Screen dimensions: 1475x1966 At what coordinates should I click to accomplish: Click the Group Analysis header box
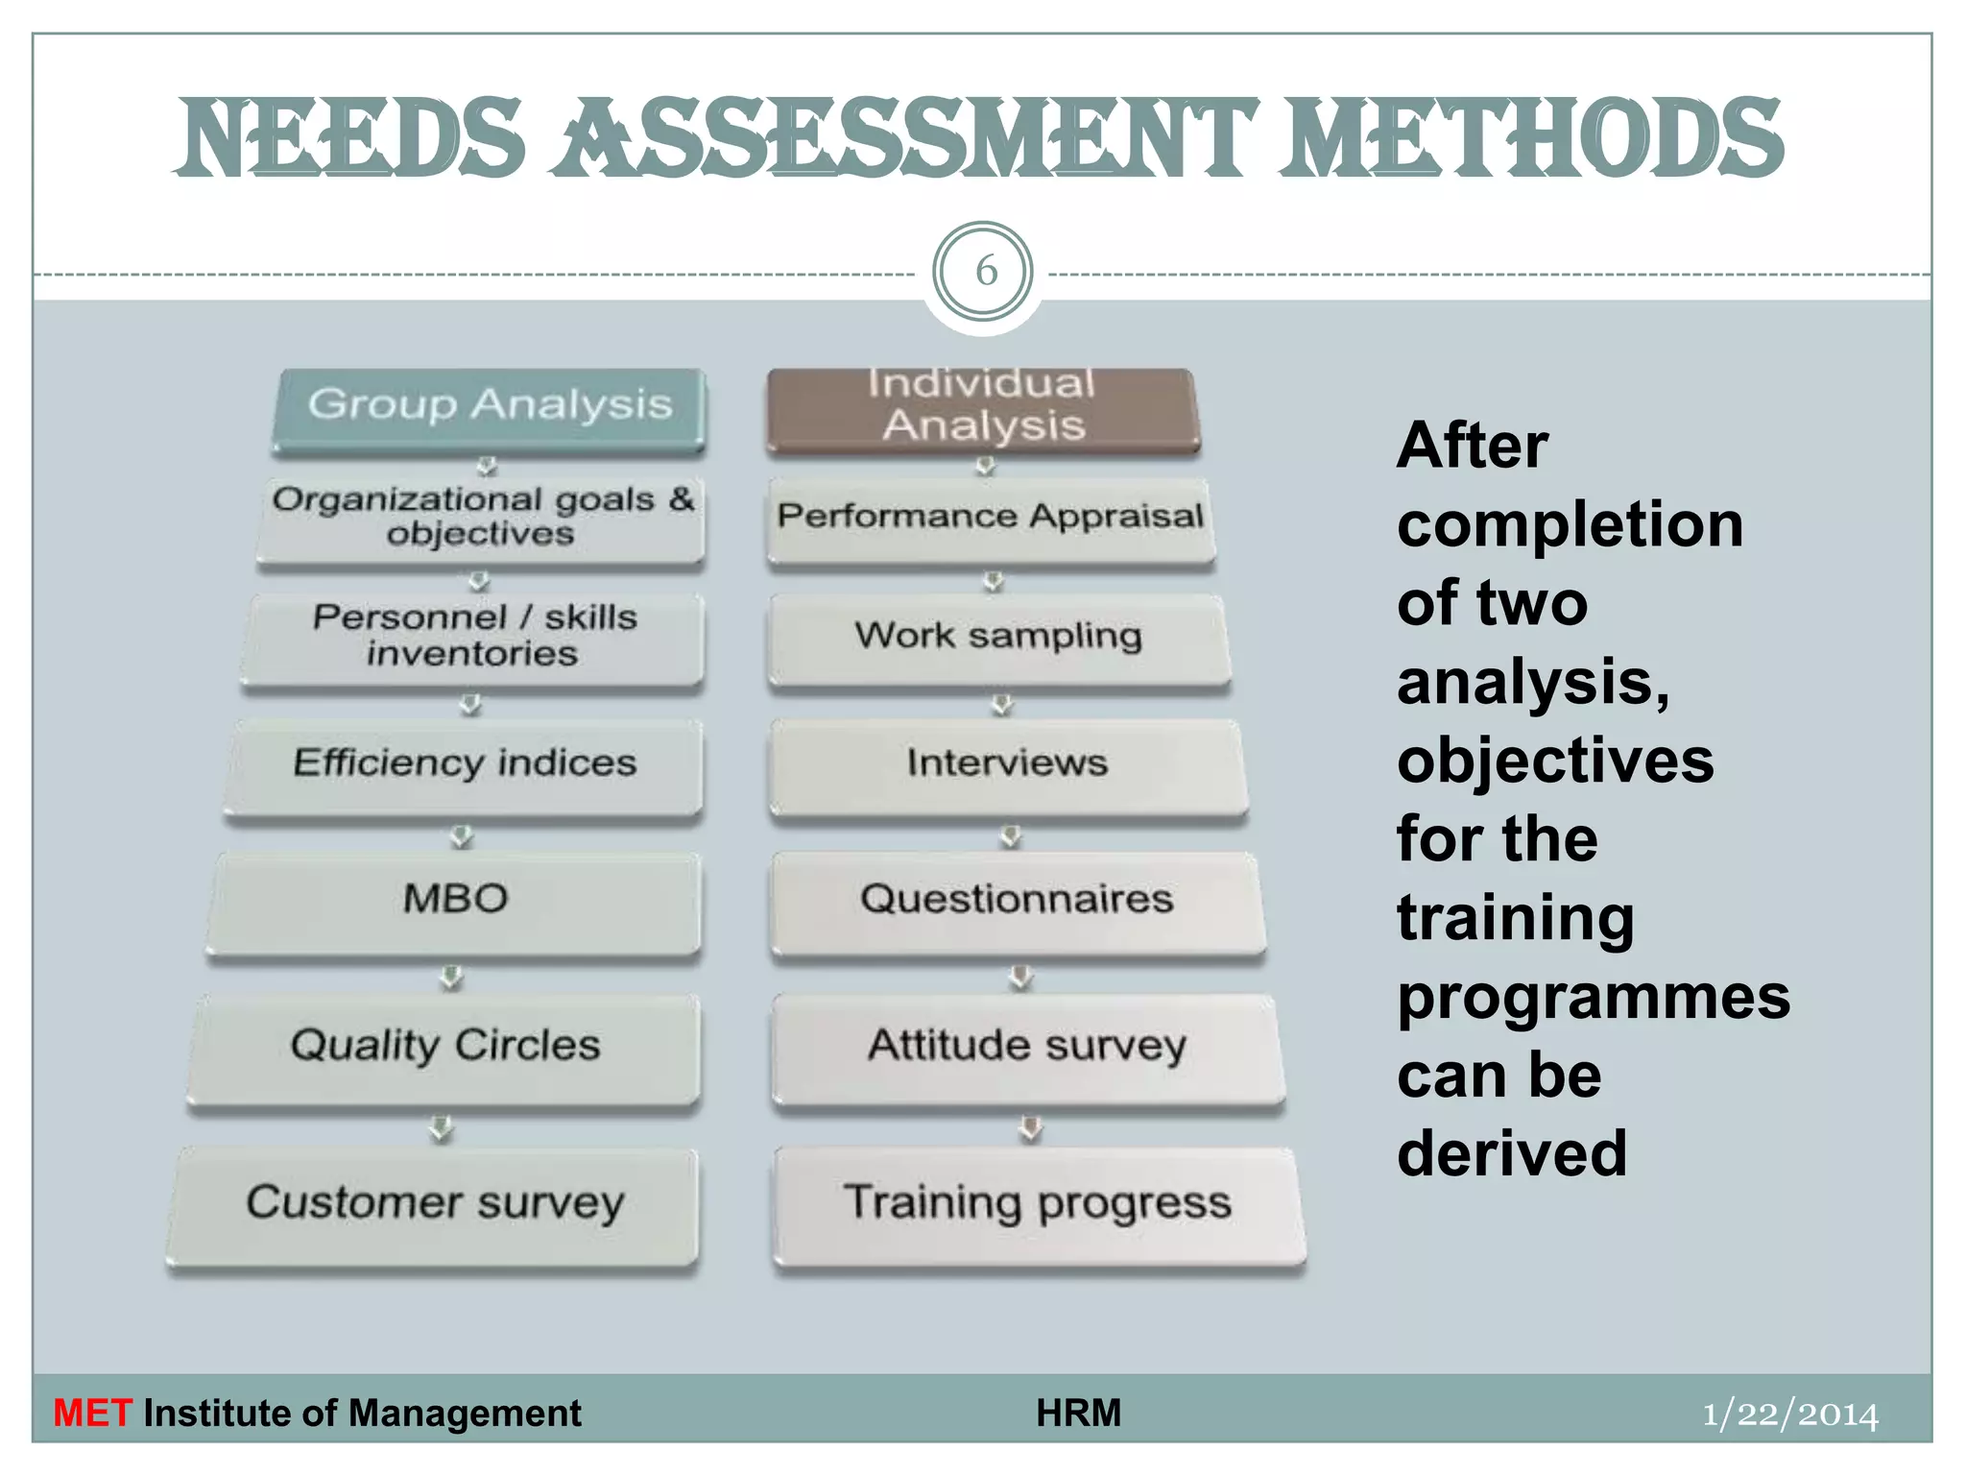point(490,407)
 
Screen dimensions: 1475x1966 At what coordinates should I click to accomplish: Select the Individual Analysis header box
point(983,407)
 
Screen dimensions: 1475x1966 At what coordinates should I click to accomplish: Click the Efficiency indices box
point(465,765)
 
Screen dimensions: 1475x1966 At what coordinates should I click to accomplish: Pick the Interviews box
point(1007,765)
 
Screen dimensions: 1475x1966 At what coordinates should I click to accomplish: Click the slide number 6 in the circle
point(985,272)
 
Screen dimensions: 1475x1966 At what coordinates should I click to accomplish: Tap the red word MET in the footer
point(92,1414)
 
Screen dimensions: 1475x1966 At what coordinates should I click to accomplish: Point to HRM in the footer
point(1078,1414)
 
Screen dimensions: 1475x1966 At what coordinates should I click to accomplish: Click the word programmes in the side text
point(1593,998)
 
